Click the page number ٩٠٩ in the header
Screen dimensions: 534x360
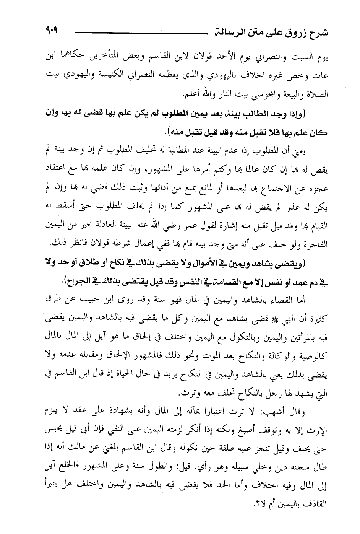(55, 29)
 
